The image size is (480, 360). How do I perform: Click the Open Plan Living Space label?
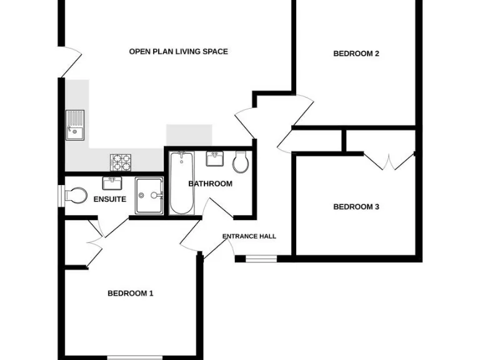click(x=178, y=51)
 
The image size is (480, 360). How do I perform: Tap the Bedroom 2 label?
click(x=356, y=54)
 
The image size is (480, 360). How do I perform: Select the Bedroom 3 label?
click(x=356, y=207)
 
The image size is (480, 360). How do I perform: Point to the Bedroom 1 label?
click(x=131, y=293)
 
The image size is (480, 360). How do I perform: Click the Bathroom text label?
click(x=210, y=184)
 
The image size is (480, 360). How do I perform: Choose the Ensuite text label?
click(x=109, y=199)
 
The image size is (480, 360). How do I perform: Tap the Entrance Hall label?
click(x=249, y=236)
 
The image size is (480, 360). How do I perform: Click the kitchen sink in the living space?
click(x=75, y=124)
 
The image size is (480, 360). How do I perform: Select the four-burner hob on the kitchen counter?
click(x=121, y=162)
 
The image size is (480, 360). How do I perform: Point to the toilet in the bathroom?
click(x=241, y=163)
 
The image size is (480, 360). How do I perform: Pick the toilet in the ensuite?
click(x=75, y=196)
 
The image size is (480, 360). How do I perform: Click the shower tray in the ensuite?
click(x=149, y=196)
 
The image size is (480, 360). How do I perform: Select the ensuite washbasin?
click(x=112, y=183)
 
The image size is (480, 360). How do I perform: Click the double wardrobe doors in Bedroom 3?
click(x=389, y=161)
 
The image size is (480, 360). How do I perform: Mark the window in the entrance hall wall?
click(x=261, y=258)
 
